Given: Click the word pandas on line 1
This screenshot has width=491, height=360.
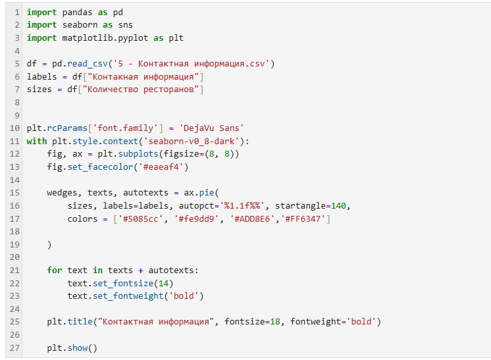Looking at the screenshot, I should point(78,13).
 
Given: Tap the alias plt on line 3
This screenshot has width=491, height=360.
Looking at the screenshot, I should point(176,38).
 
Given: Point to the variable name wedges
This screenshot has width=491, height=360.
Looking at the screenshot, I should point(63,192).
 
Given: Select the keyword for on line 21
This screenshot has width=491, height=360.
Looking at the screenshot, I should point(55,270).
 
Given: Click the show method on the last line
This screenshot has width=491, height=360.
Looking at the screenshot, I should point(78,347).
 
